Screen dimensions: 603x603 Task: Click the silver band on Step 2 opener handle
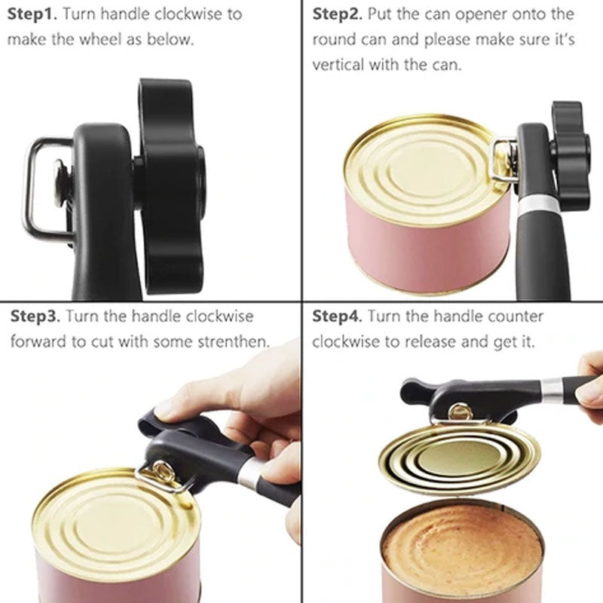[535, 202]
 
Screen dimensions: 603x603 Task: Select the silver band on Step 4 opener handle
[552, 389]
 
